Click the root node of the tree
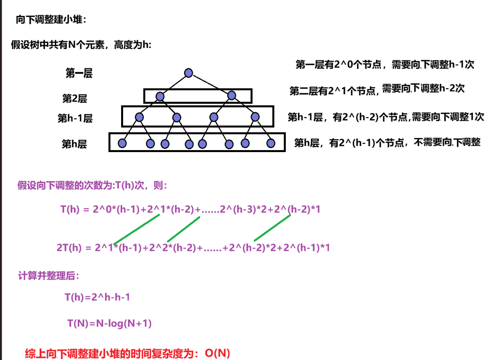188,73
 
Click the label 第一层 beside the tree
79,73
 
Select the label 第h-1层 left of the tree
75,118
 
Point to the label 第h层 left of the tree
74,144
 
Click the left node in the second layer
160,96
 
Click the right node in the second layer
232,95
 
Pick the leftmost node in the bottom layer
122,143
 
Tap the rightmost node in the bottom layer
271,143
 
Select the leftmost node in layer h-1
139,117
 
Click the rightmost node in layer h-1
255,117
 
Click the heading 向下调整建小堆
50,20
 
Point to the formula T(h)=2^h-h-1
97,297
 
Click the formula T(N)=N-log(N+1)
109,324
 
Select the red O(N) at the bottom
217,353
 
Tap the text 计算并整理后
48,276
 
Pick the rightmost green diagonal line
272,228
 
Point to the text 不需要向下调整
447,143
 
